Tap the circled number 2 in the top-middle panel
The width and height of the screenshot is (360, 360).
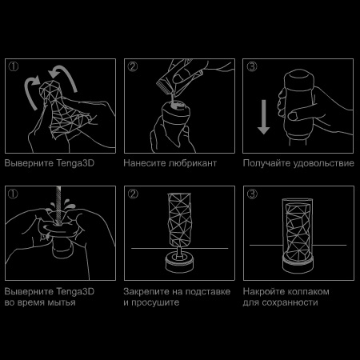point(132,67)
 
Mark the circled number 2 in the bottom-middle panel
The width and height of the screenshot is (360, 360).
point(132,194)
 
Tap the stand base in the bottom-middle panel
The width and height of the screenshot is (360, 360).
point(180,259)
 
